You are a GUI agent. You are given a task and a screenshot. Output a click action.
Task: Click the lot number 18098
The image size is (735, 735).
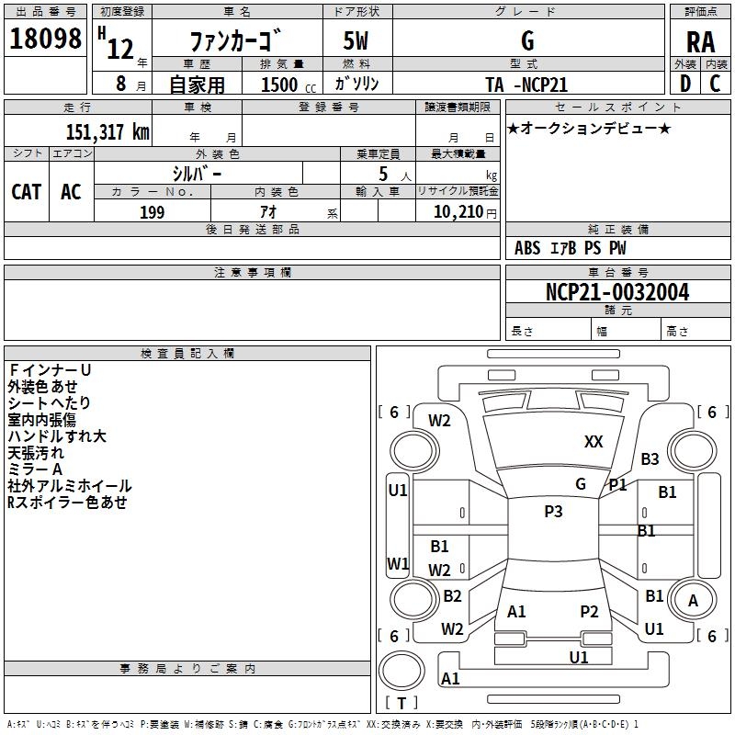point(46,40)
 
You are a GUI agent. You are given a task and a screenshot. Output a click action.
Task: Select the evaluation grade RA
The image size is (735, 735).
point(700,41)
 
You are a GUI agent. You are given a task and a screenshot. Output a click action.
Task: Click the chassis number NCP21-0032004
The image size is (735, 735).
point(616,292)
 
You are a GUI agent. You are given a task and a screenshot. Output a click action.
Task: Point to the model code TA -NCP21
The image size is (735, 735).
point(526,85)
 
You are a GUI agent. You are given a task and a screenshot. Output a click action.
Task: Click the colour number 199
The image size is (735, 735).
point(153,212)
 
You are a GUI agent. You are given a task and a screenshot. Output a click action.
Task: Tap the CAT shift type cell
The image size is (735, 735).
point(27,192)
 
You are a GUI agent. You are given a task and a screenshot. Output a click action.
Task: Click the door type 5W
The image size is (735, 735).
point(357,41)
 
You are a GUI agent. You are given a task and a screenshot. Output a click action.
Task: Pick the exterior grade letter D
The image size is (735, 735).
point(685,84)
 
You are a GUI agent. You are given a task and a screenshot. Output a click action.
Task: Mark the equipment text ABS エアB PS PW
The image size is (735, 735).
point(570,248)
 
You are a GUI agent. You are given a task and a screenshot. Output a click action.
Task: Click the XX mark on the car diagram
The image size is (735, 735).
point(594,442)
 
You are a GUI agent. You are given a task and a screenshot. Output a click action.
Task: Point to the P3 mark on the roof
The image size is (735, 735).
point(553,512)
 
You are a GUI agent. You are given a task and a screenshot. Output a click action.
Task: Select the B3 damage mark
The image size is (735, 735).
point(650,459)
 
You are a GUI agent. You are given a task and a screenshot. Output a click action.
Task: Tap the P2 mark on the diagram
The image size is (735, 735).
point(589,611)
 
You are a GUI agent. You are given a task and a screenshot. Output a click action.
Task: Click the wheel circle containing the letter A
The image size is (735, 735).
point(693,601)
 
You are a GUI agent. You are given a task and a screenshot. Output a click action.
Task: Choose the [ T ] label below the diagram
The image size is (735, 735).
point(401,703)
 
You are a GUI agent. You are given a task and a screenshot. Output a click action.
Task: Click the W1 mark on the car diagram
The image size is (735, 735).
point(398,563)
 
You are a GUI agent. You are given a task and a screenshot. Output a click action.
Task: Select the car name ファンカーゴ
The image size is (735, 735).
point(236,41)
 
